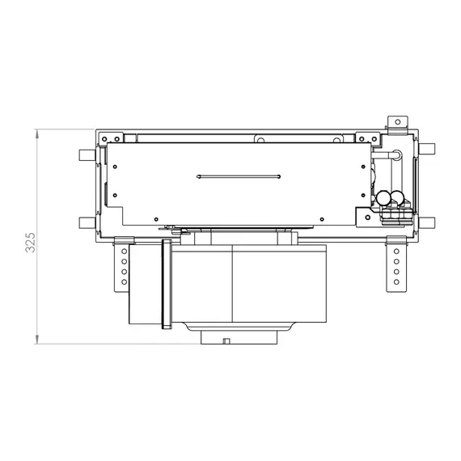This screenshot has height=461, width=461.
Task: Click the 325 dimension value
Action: (x=30, y=243)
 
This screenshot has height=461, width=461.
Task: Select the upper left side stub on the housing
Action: (x=87, y=154)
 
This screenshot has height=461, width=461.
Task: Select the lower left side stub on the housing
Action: (x=87, y=222)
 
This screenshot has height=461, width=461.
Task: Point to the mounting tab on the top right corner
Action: (x=396, y=122)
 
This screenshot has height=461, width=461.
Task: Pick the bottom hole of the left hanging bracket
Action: (x=123, y=283)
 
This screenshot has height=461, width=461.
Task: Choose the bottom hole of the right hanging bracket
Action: (x=396, y=283)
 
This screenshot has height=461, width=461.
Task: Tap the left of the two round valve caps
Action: (x=383, y=197)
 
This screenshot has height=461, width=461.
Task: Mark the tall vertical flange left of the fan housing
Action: (x=167, y=285)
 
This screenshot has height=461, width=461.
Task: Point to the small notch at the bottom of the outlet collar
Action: (x=227, y=340)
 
